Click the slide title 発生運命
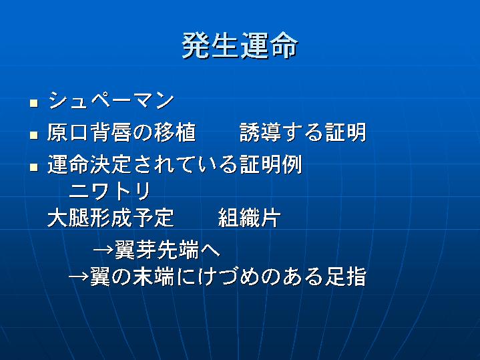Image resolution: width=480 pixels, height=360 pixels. point(240,45)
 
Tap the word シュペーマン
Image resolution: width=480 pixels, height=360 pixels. point(111,100)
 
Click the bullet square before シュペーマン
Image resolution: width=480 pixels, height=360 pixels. point(33,103)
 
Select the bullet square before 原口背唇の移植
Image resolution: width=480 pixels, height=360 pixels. point(33,135)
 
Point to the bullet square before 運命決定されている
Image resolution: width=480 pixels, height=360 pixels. point(33,167)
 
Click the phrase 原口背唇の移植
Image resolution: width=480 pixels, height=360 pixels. point(122,132)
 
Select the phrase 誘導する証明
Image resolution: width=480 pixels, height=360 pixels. point(303,132)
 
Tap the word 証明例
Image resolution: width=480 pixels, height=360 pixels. point(271,164)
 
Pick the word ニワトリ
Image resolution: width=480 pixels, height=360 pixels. point(110,190)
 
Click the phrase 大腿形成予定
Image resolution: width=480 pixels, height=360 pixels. point(111,218)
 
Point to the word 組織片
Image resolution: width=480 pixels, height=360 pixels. point(250,218)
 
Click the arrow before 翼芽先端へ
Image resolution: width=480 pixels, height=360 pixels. point(103,250)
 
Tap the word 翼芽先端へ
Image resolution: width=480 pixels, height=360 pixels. point(168,250)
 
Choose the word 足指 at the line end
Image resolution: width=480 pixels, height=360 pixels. point(345,277)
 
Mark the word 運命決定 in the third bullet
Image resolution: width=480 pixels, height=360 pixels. point(89,164)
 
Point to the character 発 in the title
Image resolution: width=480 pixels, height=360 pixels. point(196,45)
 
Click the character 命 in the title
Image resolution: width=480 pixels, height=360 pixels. point(284,45)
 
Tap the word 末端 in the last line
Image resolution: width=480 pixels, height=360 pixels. point(154,277)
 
